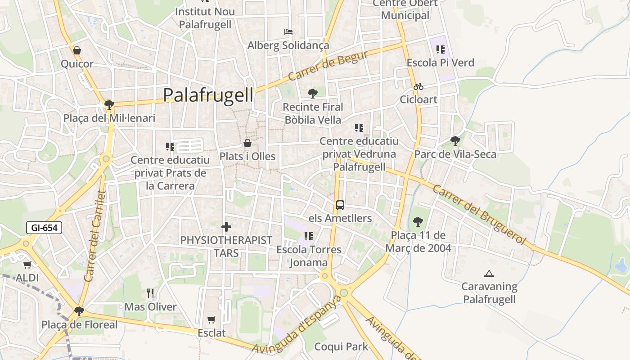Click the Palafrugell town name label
point(208,95)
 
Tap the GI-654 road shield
point(44,228)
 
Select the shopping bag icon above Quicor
point(77,50)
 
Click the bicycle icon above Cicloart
point(418,86)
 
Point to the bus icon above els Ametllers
point(340,205)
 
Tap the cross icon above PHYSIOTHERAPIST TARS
point(226,227)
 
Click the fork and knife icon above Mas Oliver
point(150,294)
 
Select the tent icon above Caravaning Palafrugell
point(489,273)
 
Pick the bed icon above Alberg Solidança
point(288,32)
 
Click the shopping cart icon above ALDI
point(27,265)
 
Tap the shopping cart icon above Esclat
point(211,319)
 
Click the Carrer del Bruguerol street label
point(479,214)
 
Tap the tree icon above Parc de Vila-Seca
point(455,141)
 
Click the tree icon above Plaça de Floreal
point(79,311)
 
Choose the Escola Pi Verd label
point(440,63)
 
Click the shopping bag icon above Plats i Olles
point(247,144)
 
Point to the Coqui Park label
point(341,346)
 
